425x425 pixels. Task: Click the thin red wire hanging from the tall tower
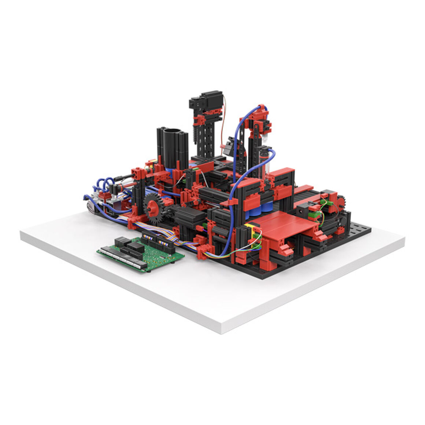point(224,121)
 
